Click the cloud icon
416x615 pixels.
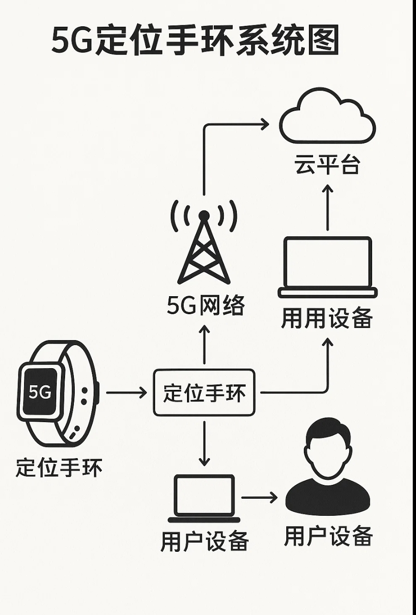[x=327, y=118]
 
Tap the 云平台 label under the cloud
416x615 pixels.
[x=327, y=165]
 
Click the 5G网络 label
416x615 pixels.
[x=205, y=305]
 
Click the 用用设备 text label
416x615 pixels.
[x=327, y=318]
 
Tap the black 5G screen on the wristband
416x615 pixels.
[x=40, y=392]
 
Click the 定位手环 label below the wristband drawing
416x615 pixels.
[x=59, y=467]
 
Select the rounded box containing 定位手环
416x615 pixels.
[x=204, y=393]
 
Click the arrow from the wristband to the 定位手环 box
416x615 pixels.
[x=126, y=393]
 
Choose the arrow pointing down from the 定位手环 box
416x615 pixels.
[x=204, y=442]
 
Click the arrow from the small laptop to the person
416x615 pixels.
[x=259, y=497]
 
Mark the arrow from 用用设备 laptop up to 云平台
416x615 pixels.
[x=327, y=207]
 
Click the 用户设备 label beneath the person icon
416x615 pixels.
[x=328, y=536]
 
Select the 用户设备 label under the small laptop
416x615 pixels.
[x=205, y=541]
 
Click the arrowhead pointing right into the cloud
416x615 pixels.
[x=264, y=124]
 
